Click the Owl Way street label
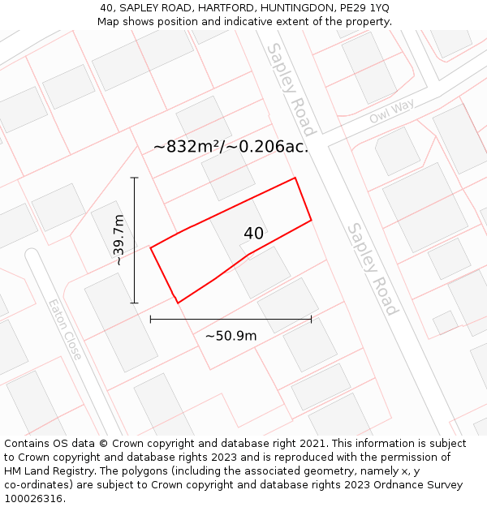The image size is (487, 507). pyautogui.click(x=391, y=112)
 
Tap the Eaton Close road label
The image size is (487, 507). pyautogui.click(x=64, y=330)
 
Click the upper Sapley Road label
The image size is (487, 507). pyautogui.click(x=291, y=89)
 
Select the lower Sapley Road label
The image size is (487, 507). pyautogui.click(x=373, y=269)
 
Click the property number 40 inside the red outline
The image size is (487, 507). pyautogui.click(x=253, y=234)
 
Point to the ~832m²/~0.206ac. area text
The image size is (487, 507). pyautogui.click(x=231, y=147)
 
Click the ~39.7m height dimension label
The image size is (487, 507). pyautogui.click(x=119, y=240)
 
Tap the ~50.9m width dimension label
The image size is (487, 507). pyautogui.click(x=231, y=336)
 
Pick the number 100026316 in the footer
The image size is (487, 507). pyautogui.click(x=35, y=499)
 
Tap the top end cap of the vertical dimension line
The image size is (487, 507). pyautogui.click(x=134, y=178)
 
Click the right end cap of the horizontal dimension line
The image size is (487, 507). pyautogui.click(x=311, y=320)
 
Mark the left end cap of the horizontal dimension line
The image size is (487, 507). pyautogui.click(x=151, y=320)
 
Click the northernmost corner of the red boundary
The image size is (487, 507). pyautogui.click(x=295, y=178)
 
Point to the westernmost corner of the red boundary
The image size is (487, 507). pyautogui.click(x=151, y=247)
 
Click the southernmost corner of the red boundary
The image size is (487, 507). pyautogui.click(x=178, y=303)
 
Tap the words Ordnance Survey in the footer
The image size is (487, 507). pyautogui.click(x=426, y=485)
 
